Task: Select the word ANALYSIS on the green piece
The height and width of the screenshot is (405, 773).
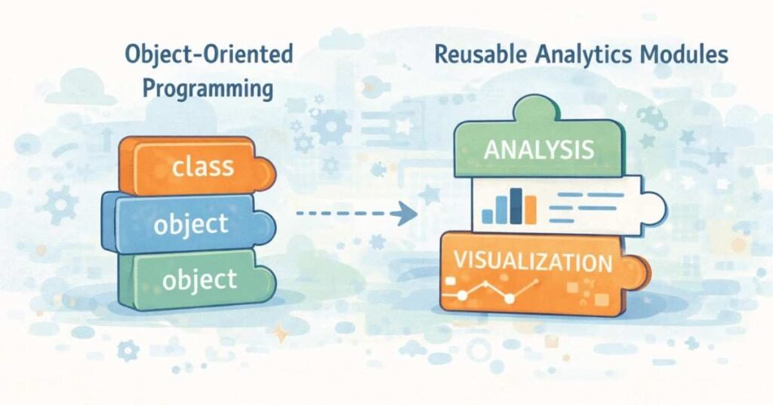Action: [538, 149]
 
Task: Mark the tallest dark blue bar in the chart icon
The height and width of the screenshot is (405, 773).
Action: [517, 204]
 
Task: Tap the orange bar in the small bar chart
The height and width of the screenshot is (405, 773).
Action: [531, 209]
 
